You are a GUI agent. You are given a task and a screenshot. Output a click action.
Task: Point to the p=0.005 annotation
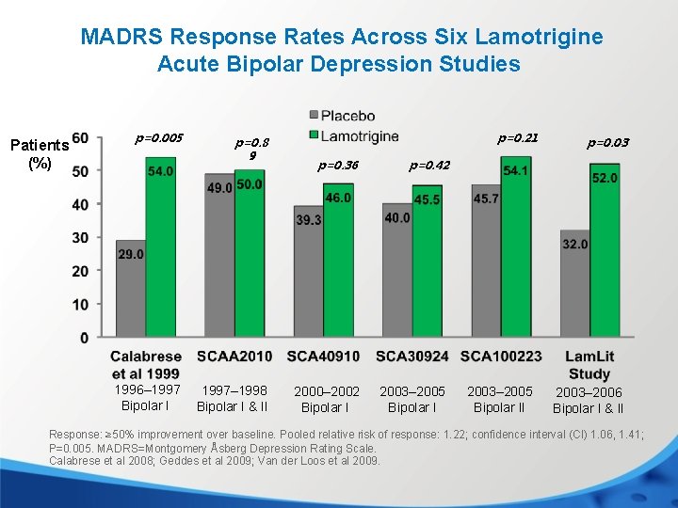[x=158, y=138]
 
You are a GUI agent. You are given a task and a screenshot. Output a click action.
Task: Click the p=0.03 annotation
[x=607, y=143]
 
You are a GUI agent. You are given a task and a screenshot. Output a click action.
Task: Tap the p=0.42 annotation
[x=428, y=166]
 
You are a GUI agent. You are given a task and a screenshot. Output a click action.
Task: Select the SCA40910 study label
[x=323, y=357]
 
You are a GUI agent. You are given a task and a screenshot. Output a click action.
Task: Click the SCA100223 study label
[x=501, y=357]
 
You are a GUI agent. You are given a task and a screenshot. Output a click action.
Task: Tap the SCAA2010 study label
[x=234, y=357]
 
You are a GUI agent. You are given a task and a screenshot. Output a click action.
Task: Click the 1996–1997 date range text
[x=146, y=389]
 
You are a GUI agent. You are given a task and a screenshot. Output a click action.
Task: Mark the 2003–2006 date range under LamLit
[x=588, y=392]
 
